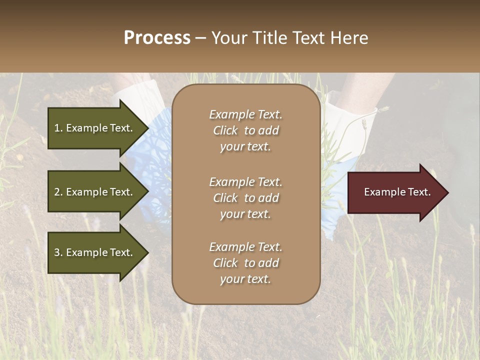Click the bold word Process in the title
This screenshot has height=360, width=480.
point(157,38)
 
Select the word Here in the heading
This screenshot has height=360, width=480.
point(349,38)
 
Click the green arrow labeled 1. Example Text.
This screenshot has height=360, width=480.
point(95,128)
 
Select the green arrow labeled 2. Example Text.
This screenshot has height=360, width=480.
point(95,192)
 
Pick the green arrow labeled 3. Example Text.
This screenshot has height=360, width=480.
point(95,252)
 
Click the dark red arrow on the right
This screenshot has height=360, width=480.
point(395,192)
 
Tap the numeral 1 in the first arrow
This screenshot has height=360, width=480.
point(57,128)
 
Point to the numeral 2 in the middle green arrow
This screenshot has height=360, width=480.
point(57,192)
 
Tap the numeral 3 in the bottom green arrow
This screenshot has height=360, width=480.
point(57,252)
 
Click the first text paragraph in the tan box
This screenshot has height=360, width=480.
point(245,130)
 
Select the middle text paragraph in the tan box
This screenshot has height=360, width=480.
point(245,198)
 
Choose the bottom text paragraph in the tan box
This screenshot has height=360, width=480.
point(245,263)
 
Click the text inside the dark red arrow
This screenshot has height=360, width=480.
point(397,192)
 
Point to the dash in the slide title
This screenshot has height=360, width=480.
point(200,38)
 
